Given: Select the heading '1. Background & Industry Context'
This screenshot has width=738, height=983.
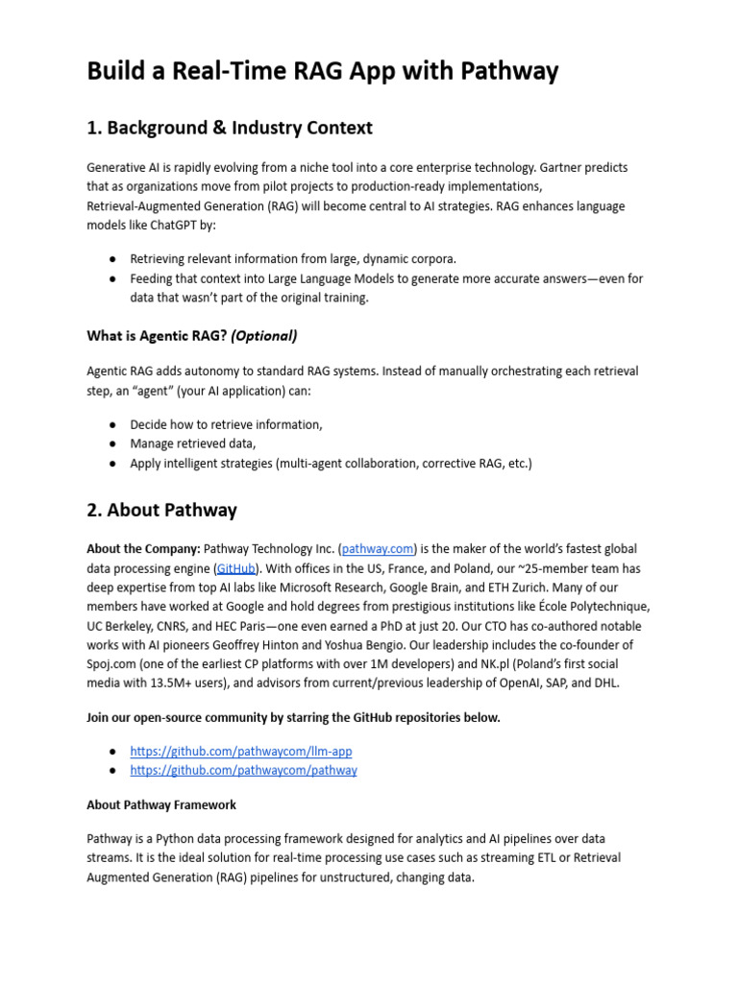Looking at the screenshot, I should [x=230, y=128].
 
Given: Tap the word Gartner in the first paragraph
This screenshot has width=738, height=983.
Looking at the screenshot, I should [x=553, y=167].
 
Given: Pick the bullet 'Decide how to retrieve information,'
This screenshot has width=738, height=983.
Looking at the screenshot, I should [x=226, y=424].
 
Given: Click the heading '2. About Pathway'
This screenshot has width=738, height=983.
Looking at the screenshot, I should [x=161, y=510].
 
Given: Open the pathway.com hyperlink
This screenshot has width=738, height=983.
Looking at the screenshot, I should [x=378, y=549].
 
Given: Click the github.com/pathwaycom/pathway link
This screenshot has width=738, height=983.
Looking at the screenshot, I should [x=243, y=770].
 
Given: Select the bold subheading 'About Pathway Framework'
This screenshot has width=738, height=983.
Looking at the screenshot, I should [x=161, y=804].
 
